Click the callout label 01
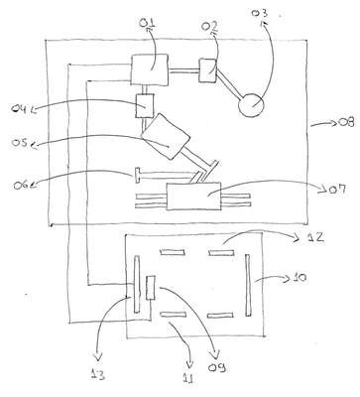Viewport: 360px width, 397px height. coord(147,24)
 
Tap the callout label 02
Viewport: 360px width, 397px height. coord(209,27)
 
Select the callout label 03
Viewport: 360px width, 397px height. coord(260,13)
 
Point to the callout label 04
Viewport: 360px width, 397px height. coord(20,108)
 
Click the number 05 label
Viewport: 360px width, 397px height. coord(20,143)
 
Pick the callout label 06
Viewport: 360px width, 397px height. coord(22,185)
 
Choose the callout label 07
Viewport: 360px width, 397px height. coord(337,190)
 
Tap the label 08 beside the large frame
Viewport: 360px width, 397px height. coord(346,122)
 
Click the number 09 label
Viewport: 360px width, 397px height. coord(217,367)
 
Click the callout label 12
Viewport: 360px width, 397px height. coord(313,237)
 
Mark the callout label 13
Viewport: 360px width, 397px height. coord(98,374)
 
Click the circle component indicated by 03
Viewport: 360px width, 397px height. coord(252,105)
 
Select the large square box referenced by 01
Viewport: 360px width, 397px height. coord(150,70)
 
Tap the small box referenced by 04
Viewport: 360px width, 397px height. coord(145,105)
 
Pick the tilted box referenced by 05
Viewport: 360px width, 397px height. coord(165,136)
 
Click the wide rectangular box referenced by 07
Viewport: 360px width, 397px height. coord(193,196)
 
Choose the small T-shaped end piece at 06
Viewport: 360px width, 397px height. coord(137,175)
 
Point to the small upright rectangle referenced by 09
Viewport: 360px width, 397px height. coord(151,288)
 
